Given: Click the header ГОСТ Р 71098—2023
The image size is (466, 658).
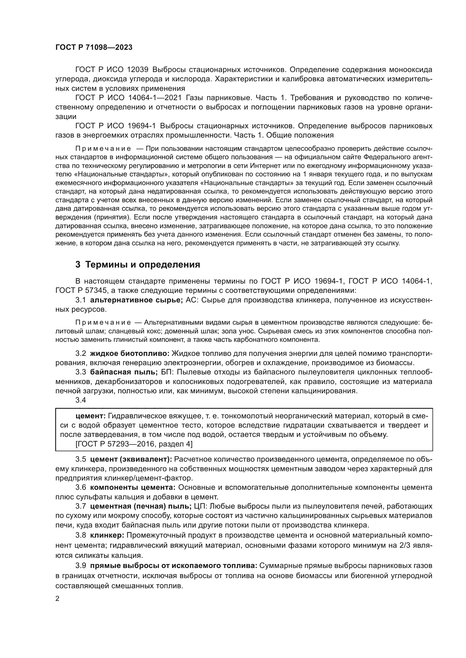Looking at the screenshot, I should [94, 48].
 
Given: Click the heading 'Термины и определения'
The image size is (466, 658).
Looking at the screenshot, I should [143, 264].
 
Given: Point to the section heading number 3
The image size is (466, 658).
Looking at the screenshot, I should [78, 264].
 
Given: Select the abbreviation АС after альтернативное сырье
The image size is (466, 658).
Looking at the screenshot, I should [191, 300].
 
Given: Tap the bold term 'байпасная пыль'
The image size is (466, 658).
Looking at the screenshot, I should [124, 372].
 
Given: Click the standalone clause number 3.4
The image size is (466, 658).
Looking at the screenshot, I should [81, 400].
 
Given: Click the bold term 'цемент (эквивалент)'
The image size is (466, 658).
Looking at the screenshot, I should [131, 459].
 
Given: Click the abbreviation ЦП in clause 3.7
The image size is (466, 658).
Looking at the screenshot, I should [199, 506].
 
